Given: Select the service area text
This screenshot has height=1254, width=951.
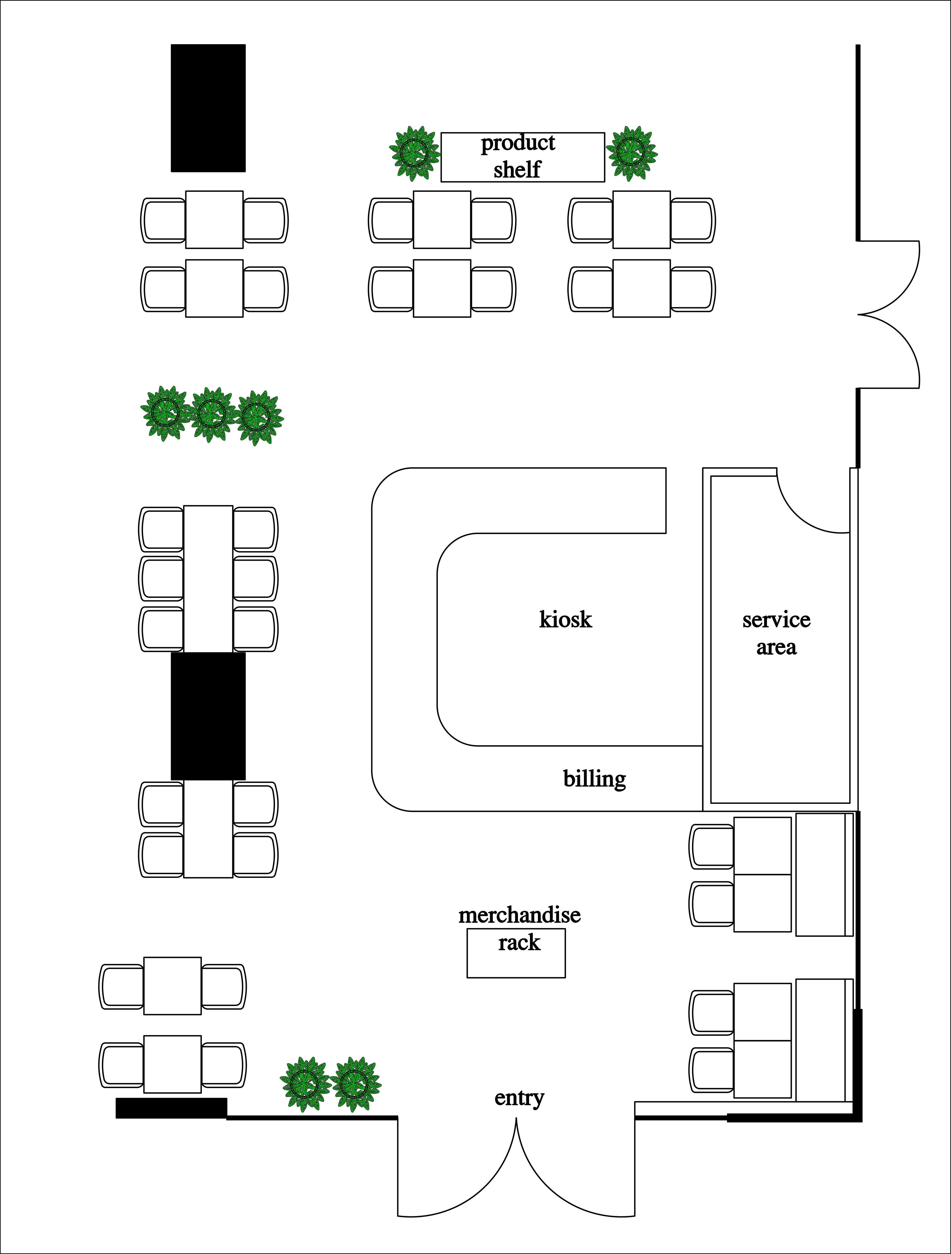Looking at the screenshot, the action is coord(776,633).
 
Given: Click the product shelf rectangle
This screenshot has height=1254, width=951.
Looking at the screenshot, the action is coord(523,157).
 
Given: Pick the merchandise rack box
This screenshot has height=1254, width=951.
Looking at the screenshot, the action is coord(516,953).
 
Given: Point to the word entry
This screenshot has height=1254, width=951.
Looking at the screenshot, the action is coord(519,1098).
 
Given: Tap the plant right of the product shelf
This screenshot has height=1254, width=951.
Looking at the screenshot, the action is coord(631,153).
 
